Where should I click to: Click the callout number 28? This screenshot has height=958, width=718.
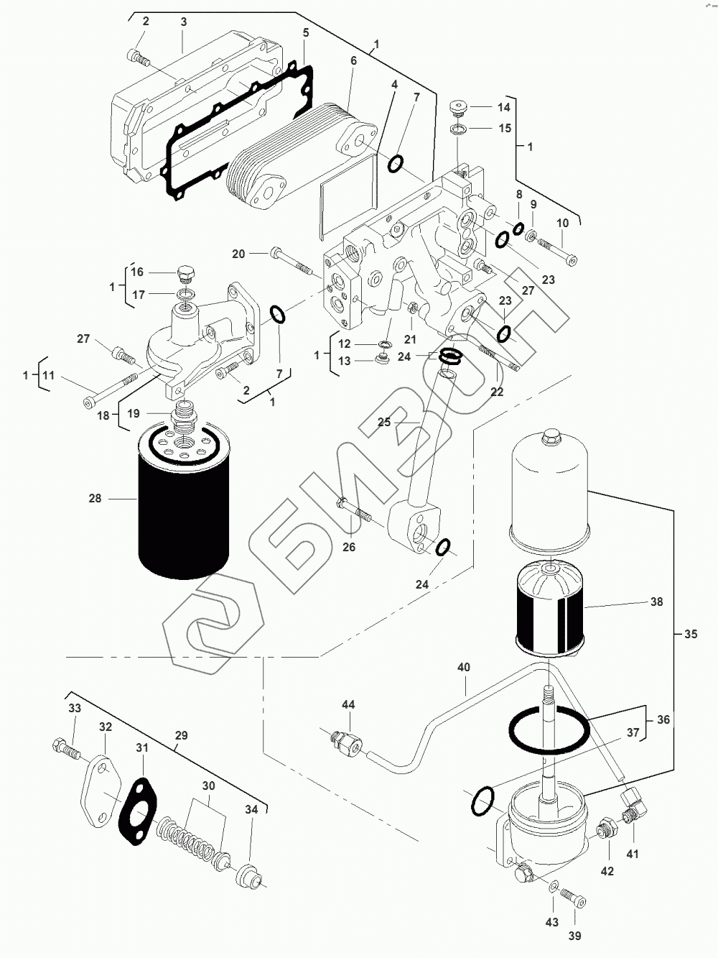95,498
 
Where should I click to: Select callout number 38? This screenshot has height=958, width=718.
656,602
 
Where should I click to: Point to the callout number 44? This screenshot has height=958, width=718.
348,705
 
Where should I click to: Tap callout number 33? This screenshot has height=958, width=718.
75,708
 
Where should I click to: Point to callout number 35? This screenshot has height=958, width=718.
690,635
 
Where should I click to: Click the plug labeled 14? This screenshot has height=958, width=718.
457,109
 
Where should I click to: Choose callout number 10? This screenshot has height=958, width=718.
562,224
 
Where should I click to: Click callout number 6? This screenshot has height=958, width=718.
353,61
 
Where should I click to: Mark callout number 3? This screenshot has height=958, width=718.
183,22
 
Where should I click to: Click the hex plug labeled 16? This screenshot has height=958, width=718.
185,275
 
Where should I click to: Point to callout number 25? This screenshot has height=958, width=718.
384,422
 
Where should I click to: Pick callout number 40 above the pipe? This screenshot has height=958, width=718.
464,668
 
